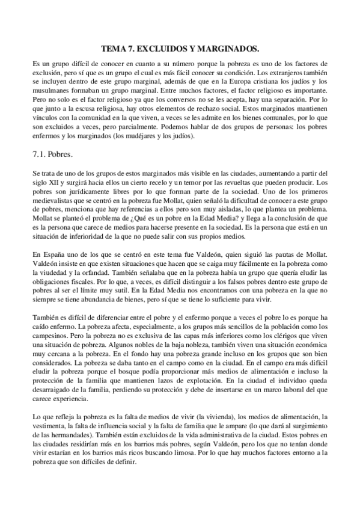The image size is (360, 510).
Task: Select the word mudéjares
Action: coord(142,140)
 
